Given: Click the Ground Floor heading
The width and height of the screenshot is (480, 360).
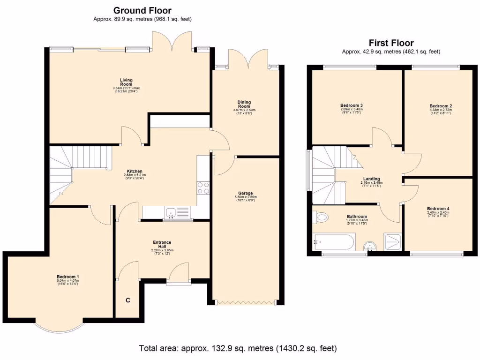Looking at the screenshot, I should [142, 10].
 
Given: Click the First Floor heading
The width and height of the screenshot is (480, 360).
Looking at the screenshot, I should [391, 43].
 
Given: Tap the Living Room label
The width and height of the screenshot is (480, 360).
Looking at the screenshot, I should [126, 82].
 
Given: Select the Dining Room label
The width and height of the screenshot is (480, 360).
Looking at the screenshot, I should [244, 104].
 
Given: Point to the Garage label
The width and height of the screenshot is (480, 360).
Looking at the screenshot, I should [245, 193].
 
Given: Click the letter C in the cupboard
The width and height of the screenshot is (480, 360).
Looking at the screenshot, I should [127, 300].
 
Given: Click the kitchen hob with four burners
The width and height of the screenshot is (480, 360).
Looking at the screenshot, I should [202, 187].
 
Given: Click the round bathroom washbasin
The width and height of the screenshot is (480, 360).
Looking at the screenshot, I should [371, 246].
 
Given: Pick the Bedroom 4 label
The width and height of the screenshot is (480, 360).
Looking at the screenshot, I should [438, 209].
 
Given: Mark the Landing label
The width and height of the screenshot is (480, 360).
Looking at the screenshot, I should [372, 179].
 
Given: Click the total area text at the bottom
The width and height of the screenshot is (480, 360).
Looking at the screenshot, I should [238, 348].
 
